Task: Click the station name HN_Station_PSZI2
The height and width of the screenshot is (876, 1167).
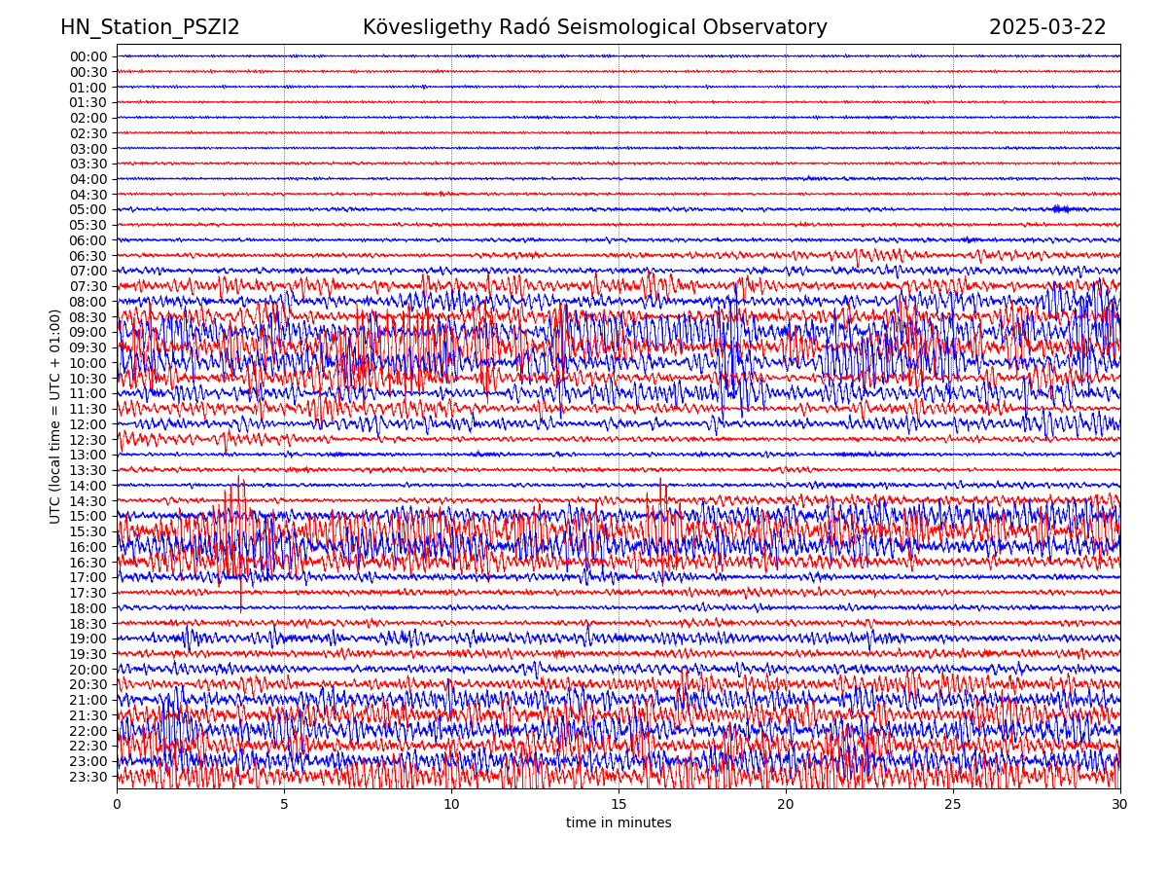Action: (x=150, y=27)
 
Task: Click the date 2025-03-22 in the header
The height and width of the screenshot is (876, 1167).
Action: (x=1047, y=27)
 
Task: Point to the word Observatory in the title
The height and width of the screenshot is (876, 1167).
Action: (x=772, y=27)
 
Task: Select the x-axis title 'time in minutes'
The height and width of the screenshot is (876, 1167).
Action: (x=619, y=823)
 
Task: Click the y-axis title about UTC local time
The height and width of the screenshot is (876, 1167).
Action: (x=55, y=416)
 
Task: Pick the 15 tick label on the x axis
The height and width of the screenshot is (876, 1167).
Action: (x=619, y=805)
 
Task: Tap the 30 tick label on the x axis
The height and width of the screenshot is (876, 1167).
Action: (x=1120, y=805)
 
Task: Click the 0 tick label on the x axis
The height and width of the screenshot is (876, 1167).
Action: (x=117, y=805)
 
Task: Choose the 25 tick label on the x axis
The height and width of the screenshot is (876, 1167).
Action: (x=953, y=805)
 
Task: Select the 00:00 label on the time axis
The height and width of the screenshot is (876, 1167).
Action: (x=88, y=56)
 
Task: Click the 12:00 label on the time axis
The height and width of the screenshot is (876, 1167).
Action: (x=88, y=424)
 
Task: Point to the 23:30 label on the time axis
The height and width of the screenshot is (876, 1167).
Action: (x=88, y=777)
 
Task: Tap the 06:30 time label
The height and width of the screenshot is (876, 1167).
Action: (x=88, y=256)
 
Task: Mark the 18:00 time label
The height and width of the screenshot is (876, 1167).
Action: (x=88, y=608)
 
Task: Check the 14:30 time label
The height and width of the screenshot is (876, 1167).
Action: (x=88, y=501)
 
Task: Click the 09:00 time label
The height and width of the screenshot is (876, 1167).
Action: (x=88, y=332)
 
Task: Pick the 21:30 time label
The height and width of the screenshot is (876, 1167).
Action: (x=88, y=715)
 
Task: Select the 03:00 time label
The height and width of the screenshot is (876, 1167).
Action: (x=88, y=149)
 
